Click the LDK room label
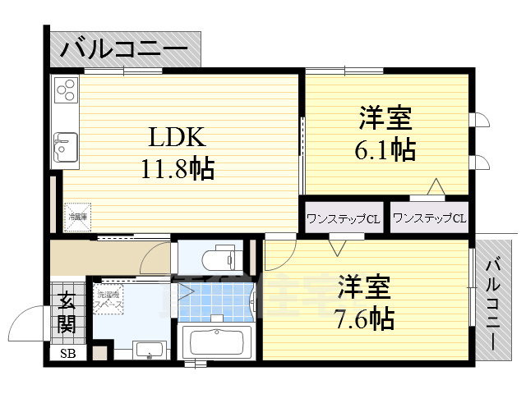pos(170,136)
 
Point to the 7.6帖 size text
pos(364,318)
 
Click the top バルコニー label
pos(123,49)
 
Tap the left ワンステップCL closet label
pos(343,218)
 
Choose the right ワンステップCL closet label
pos(429,218)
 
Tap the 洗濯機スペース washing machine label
pos(108,299)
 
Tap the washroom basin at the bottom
pos(149,350)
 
